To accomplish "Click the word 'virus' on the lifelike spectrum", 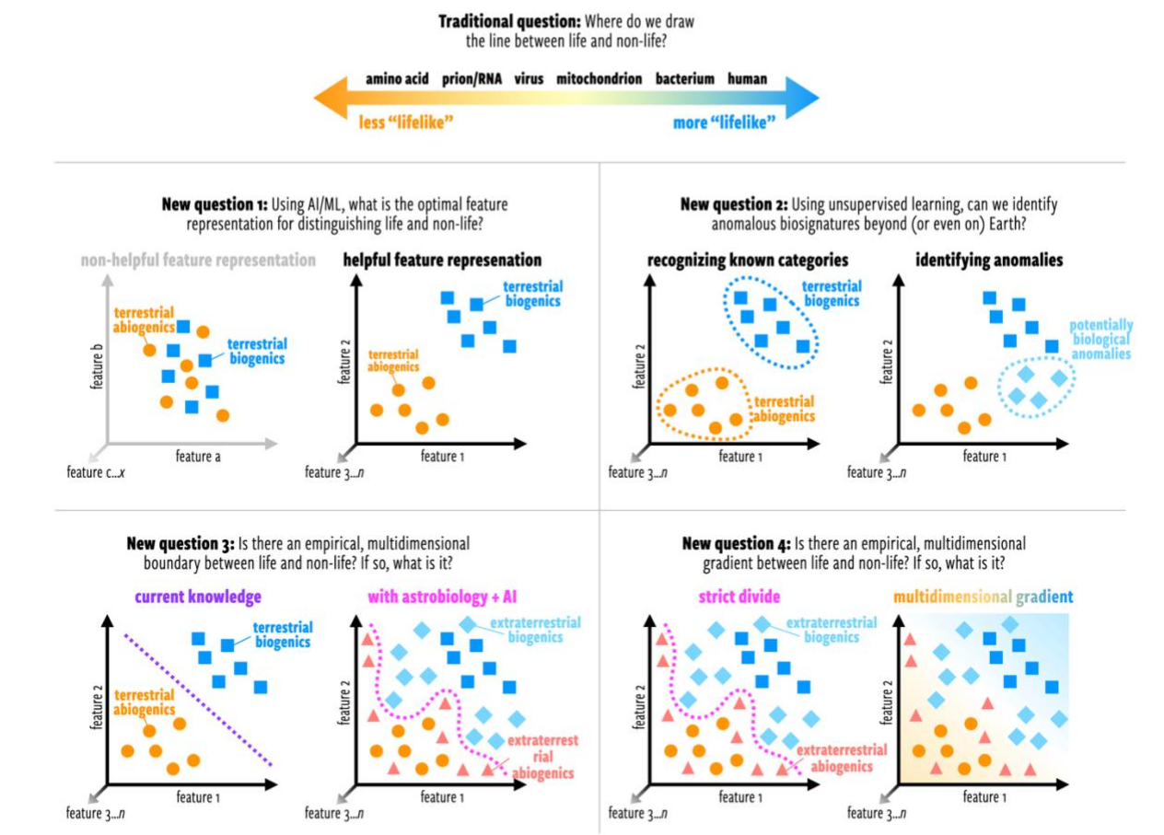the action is (529, 79).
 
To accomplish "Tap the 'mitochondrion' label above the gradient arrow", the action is (599, 79).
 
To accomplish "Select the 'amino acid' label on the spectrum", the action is (397, 79).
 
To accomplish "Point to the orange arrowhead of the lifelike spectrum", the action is (331, 98).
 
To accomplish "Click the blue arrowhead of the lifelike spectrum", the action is (802, 98).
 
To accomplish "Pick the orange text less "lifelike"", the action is (406, 122).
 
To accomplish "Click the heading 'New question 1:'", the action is (215, 204).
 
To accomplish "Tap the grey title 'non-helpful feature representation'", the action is (198, 260).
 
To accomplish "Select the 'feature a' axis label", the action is (198, 457).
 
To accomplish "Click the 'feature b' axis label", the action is (97, 366).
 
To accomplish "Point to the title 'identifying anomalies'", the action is (989, 260).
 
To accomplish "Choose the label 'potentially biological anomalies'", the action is (1101, 340).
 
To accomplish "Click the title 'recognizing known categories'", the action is (747, 260).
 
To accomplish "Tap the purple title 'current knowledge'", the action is (198, 597).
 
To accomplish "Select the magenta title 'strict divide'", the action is (739, 597).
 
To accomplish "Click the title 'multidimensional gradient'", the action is (984, 597).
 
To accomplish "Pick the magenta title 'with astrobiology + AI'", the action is (442, 597).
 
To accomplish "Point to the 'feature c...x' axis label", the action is (96, 472).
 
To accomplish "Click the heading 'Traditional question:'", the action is (509, 21).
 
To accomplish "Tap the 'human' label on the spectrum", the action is (747, 79).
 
